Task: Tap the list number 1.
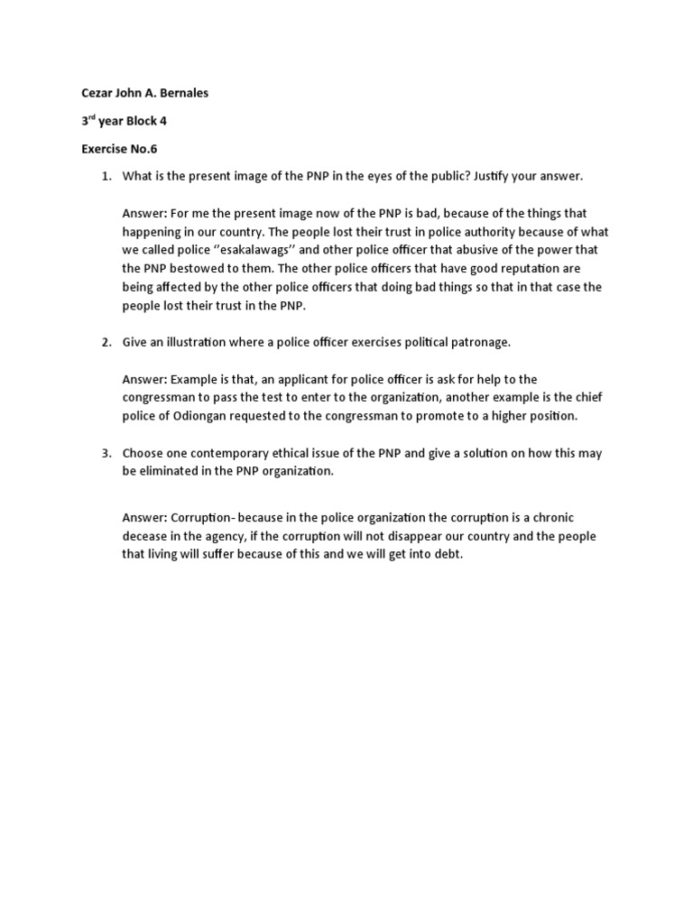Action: pos(105,176)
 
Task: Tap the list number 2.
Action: pos(105,342)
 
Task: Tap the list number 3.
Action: pos(105,453)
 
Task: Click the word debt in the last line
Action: pos(447,555)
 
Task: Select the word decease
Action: pos(149,536)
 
